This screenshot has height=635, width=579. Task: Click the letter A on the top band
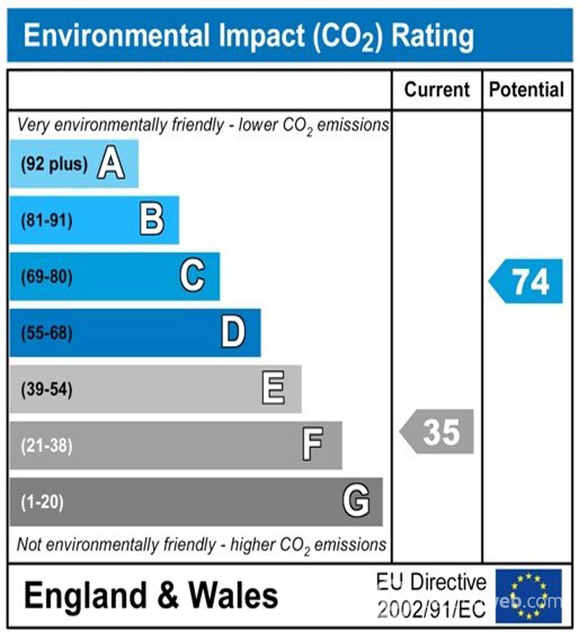(111, 164)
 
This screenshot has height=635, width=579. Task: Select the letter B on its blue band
(152, 220)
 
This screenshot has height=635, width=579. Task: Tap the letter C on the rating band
(192, 276)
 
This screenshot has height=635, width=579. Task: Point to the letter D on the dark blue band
(233, 333)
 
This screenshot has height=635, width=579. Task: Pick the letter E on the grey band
(274, 389)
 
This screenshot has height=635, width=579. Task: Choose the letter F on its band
(313, 445)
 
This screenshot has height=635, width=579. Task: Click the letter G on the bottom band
(356, 501)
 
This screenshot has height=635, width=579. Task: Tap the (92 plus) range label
(54, 164)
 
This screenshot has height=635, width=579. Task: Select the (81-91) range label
(46, 220)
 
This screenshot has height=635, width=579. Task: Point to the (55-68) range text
(46, 333)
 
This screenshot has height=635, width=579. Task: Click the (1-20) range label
(42, 502)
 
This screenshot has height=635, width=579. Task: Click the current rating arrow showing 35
(438, 432)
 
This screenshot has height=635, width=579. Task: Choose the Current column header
(437, 90)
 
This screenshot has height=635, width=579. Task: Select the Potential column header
(526, 90)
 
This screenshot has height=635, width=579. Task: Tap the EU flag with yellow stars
(528, 596)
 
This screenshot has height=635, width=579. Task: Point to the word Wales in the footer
(233, 596)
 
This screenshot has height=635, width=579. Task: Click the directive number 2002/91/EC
(432, 610)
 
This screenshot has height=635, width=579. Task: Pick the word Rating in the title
(433, 36)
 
